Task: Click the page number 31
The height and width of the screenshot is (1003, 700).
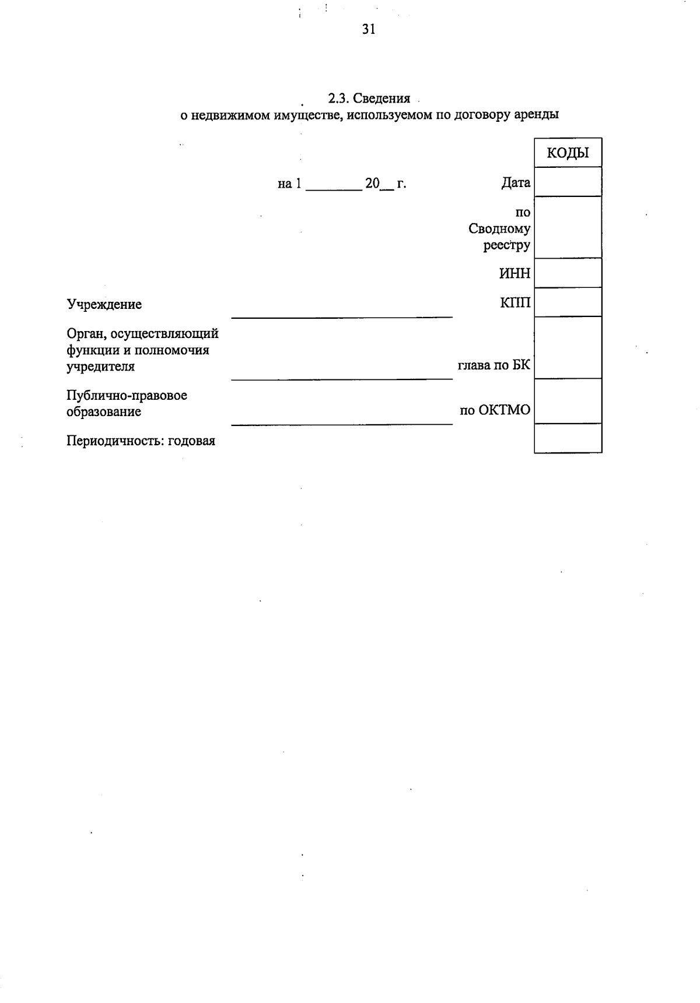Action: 368,29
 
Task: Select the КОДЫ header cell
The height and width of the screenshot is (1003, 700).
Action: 568,153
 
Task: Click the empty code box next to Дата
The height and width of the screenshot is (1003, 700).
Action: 568,182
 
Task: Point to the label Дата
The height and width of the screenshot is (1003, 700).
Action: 516,183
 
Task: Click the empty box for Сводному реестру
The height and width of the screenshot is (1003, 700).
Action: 568,227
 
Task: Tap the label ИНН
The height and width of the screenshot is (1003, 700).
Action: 514,273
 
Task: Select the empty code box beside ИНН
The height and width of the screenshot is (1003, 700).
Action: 568,273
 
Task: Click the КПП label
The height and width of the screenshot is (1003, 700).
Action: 515,302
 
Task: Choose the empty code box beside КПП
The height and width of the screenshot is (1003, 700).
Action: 568,302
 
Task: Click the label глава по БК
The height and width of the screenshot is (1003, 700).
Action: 494,365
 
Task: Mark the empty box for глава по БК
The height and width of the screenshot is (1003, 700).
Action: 568,348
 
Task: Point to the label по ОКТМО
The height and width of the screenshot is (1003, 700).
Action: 495,410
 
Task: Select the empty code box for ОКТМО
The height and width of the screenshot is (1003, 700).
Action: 568,401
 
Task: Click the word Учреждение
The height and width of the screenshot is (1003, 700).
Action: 104,304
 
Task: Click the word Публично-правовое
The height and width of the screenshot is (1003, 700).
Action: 127,396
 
